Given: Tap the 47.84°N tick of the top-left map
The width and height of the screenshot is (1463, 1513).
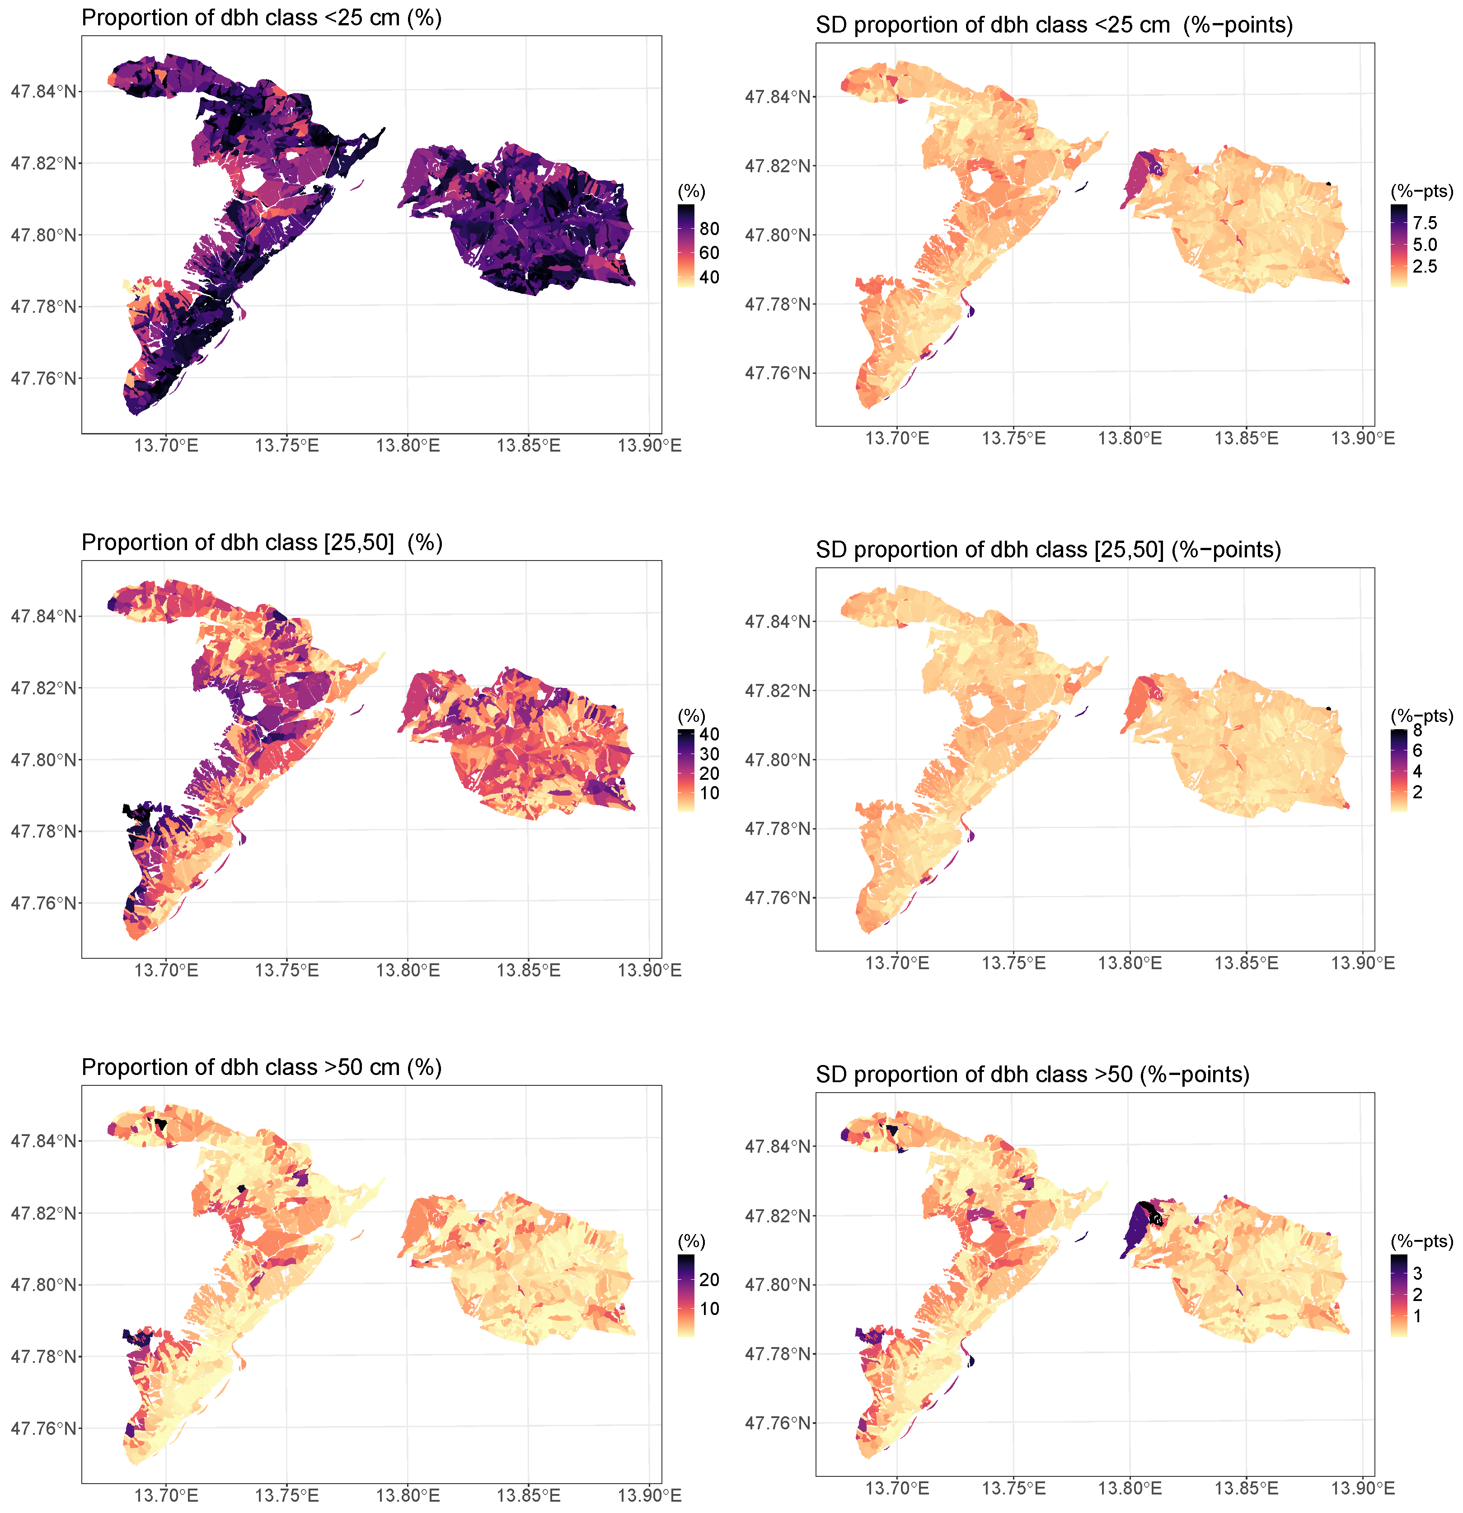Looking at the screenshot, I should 44,91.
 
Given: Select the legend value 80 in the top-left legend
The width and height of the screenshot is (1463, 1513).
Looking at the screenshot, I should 708,228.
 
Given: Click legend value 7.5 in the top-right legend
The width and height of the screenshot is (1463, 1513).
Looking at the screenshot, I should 1425,223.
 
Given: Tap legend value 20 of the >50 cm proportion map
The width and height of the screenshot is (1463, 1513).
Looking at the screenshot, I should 708,1279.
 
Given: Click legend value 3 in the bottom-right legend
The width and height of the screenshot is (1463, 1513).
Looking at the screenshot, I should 1417,1273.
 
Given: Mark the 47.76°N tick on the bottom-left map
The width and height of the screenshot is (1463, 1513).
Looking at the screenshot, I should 44,1428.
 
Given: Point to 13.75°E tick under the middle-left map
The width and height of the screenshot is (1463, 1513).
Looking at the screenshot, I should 286,971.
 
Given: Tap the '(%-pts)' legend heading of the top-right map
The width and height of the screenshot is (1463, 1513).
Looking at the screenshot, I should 1421,191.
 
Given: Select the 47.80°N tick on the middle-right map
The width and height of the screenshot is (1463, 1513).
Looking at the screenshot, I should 778,759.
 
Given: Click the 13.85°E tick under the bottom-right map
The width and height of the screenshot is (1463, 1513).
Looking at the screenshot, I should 1246,1488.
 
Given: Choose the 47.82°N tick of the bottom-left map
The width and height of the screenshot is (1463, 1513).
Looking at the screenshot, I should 44,1213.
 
